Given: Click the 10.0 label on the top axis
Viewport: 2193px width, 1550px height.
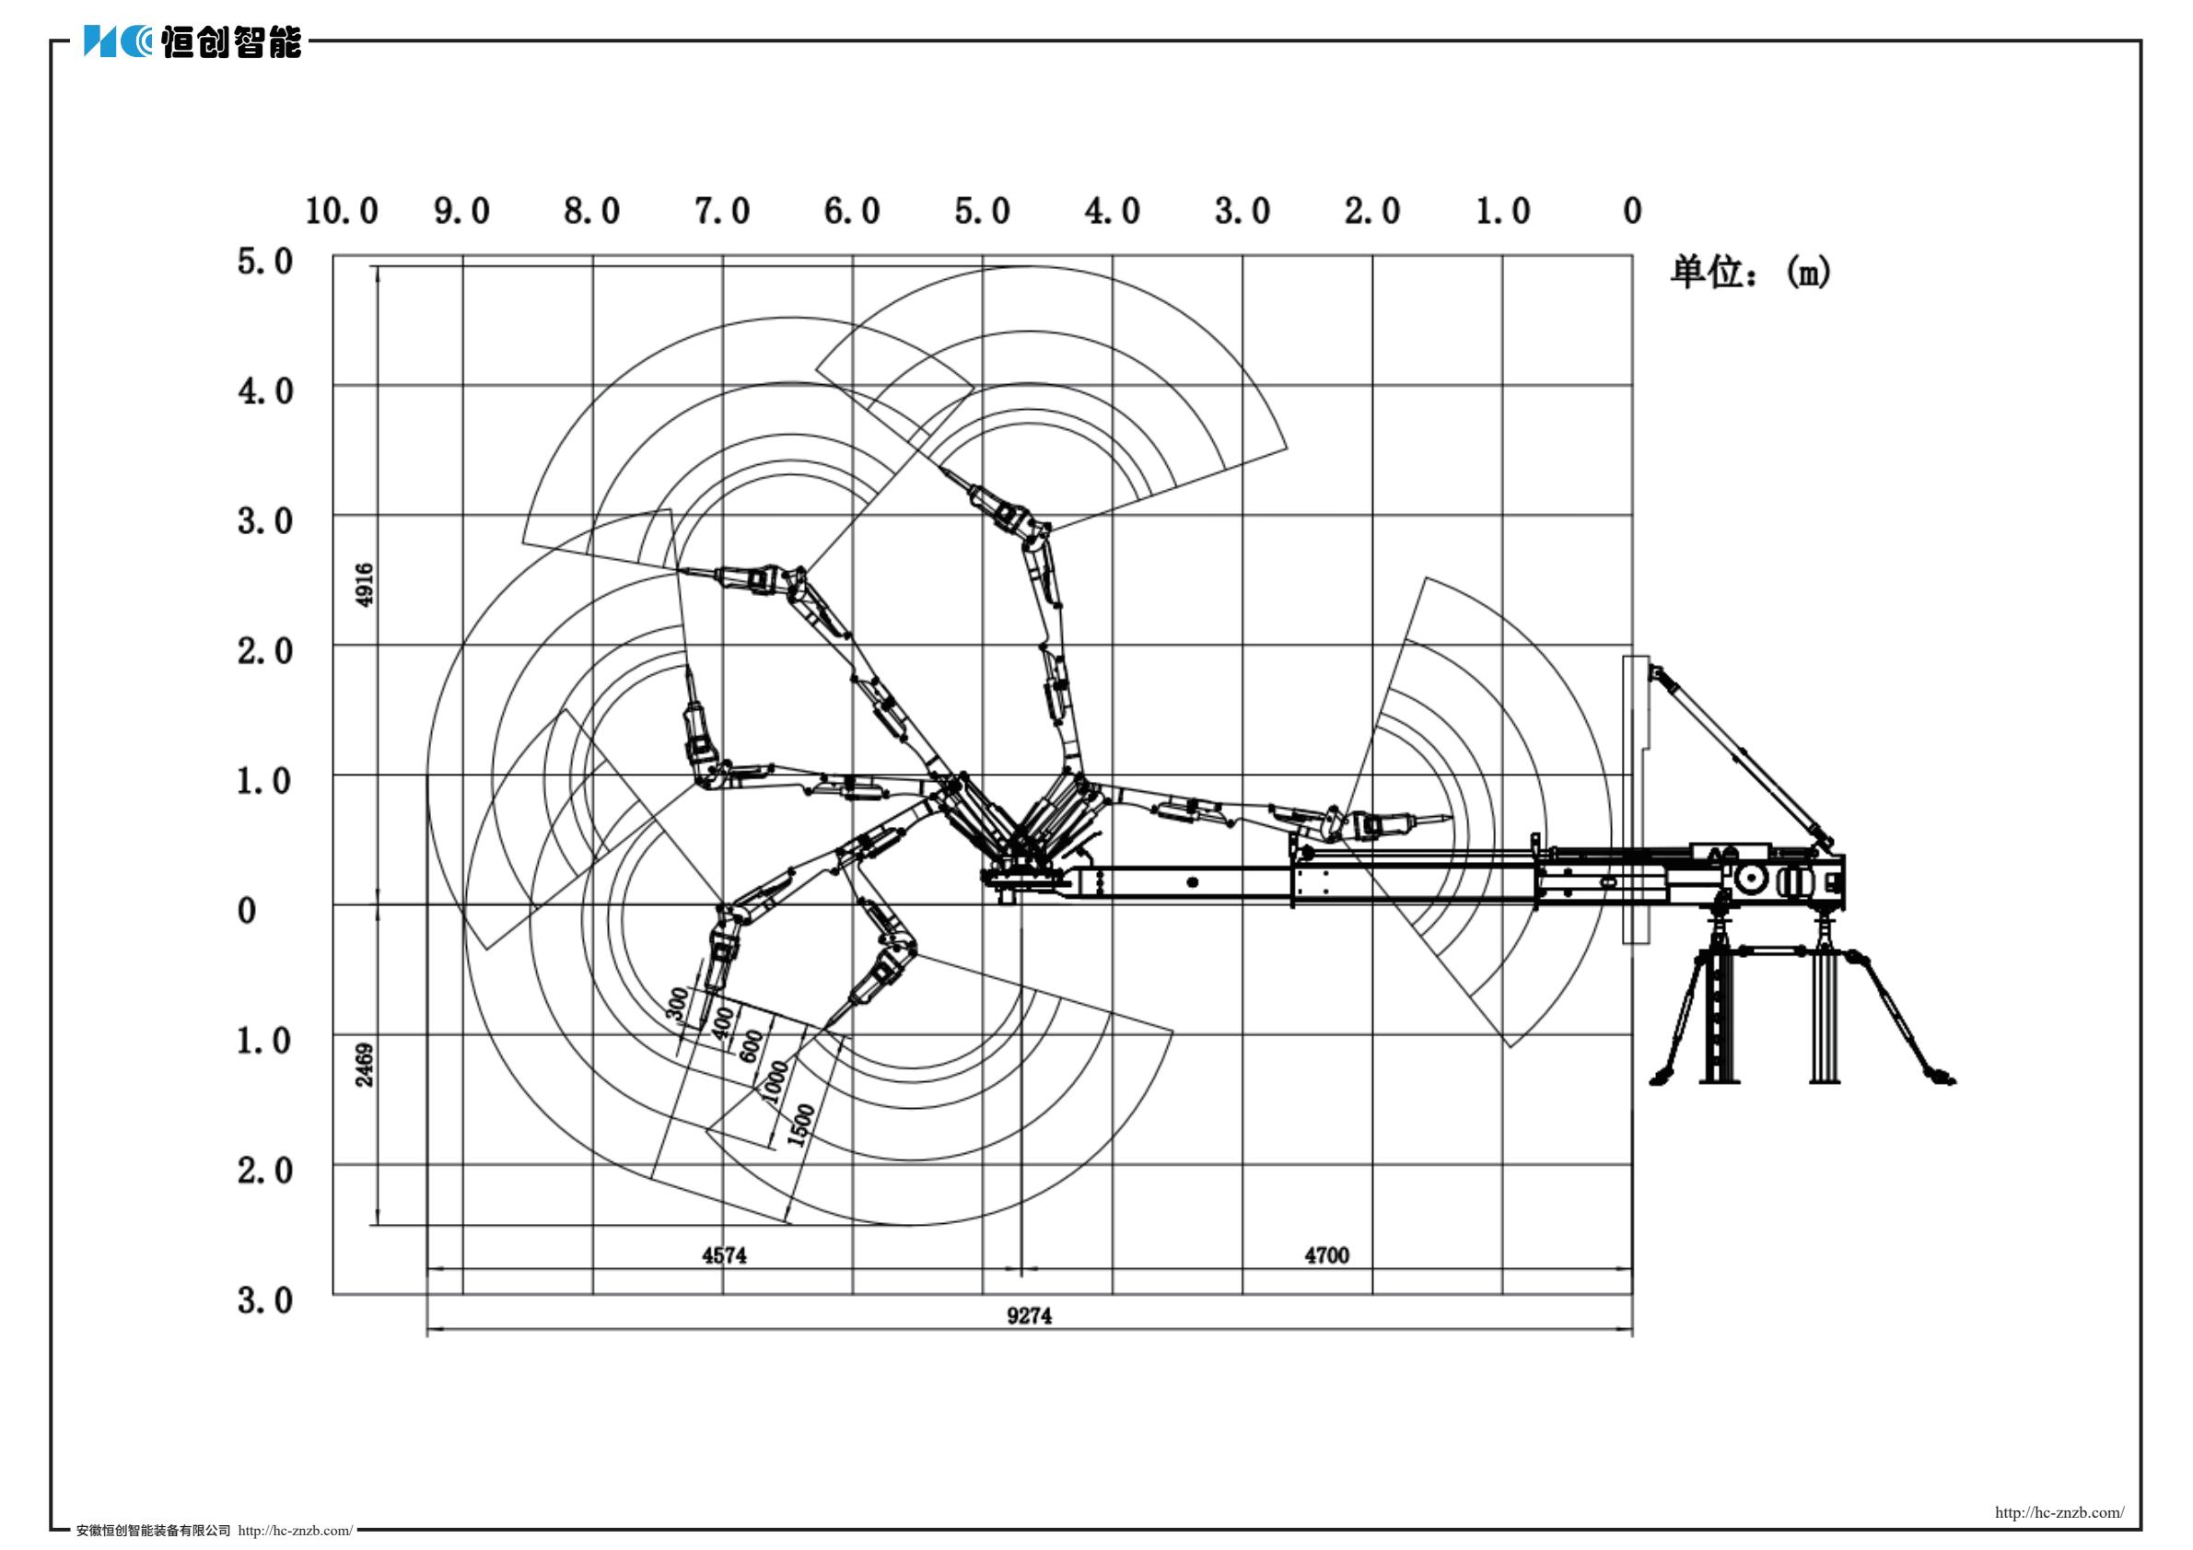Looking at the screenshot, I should point(341,211).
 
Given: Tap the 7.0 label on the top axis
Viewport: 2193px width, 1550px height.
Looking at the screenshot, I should point(721,211).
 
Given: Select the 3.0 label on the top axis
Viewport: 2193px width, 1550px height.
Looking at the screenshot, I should point(1242,211).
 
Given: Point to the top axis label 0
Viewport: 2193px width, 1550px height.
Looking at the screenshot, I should point(1632,211).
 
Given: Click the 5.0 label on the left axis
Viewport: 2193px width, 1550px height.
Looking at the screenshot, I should point(264,261).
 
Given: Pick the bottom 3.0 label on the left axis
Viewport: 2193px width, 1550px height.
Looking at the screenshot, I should point(264,1299).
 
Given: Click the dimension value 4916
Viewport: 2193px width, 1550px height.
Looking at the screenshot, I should point(364,584).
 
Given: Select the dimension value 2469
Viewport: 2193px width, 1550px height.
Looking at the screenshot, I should point(364,1064).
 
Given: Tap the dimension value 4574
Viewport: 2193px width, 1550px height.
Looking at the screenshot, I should point(724,1255).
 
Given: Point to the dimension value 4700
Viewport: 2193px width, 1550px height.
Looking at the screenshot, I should point(1326,1255).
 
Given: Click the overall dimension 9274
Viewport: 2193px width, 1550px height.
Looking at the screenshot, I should point(1029,1316).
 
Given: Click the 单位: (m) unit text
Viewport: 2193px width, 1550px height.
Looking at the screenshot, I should point(1750,274).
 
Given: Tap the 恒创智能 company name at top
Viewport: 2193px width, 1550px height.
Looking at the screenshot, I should point(231,42).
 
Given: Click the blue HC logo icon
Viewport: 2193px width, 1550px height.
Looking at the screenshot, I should point(117,41).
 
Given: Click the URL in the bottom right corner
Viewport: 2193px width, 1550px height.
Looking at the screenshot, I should point(2059,1513).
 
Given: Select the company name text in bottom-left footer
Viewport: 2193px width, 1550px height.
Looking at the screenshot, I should point(153,1531).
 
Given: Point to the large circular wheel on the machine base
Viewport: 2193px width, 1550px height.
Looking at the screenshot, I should point(1750,879).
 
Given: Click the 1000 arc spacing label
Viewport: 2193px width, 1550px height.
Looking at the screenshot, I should point(776,1081).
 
